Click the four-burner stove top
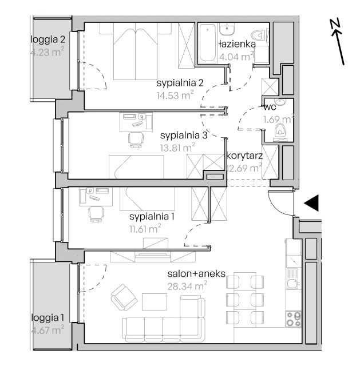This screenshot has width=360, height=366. point(294,319)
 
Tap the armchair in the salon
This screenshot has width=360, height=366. point(124,297)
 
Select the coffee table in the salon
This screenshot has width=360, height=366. point(155,301)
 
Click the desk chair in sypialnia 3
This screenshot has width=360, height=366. point(136,140)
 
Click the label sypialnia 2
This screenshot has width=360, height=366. point(180,83)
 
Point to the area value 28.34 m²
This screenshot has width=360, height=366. point(187,286)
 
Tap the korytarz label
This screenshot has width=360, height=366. point(244,156)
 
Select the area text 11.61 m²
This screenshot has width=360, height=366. point(145,228)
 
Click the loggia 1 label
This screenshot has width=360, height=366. point(48,318)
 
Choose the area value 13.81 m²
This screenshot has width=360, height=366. point(177,148)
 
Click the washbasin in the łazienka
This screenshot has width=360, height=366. point(227,29)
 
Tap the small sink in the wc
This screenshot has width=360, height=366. point(280,102)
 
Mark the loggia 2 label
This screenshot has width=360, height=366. point(48,39)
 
